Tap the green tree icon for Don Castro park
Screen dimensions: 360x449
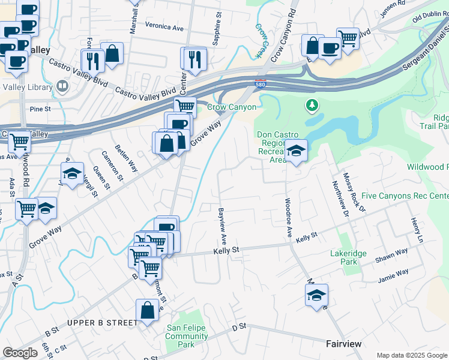click(312, 106)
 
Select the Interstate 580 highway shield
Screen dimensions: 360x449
click(261, 82)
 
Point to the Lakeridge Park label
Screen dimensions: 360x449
click(348, 257)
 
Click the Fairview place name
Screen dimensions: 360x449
click(343, 344)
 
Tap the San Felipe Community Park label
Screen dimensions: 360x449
click(187, 337)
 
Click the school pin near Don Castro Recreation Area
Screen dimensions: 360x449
click(295, 151)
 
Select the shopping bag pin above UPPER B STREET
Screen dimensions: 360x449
click(147, 310)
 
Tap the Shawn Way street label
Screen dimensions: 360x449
click(391, 255)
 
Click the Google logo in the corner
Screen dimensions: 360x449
click(20, 352)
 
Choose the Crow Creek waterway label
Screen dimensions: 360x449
click(260, 40)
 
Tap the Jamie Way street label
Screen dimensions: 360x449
click(393, 276)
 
